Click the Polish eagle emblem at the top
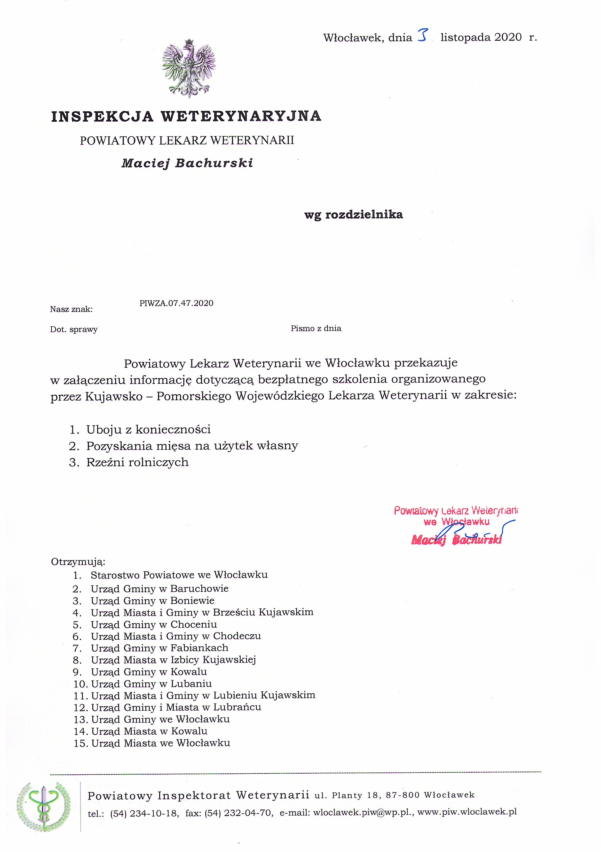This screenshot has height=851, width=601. (189, 69)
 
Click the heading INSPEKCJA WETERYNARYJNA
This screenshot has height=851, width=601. (186, 116)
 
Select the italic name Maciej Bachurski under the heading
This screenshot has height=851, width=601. (187, 163)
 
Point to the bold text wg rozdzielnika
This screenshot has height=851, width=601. (353, 215)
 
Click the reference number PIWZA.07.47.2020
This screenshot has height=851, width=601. (176, 303)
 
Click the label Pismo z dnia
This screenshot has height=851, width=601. (316, 328)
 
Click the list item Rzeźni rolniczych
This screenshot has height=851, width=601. (137, 462)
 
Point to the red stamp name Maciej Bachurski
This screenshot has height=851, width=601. (456, 540)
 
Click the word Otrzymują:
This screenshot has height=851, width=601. (78, 562)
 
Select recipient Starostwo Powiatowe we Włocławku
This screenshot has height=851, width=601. (179, 575)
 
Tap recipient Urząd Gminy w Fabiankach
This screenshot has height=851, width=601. (160, 648)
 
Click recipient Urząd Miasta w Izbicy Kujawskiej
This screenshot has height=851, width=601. (173, 660)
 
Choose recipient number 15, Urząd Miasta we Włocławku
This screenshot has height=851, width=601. (160, 743)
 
